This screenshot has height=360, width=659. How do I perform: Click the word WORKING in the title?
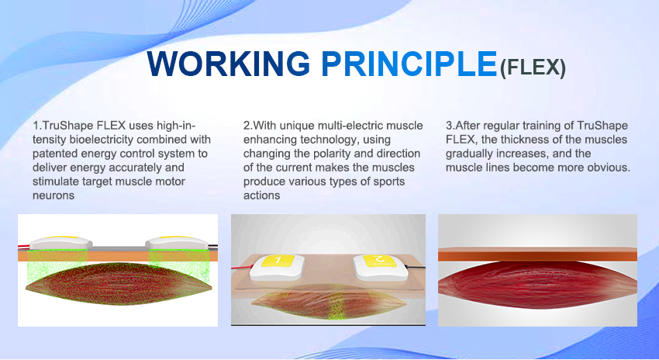229,64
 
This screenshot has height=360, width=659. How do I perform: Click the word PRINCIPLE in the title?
409,64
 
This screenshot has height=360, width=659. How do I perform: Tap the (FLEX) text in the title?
533,67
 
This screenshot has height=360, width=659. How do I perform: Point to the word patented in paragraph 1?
53,154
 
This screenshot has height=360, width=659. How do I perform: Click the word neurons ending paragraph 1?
53,196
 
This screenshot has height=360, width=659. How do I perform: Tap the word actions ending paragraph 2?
261,196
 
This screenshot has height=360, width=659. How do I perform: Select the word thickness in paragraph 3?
522,139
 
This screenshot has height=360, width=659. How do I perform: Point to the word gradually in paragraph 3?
467,154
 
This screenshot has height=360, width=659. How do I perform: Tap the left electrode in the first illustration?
61,242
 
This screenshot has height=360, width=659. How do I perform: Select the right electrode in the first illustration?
177,242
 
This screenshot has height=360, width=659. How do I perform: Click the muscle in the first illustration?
119,282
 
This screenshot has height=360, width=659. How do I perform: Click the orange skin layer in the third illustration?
537,254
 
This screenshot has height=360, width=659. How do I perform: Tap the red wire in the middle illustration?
242,268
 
